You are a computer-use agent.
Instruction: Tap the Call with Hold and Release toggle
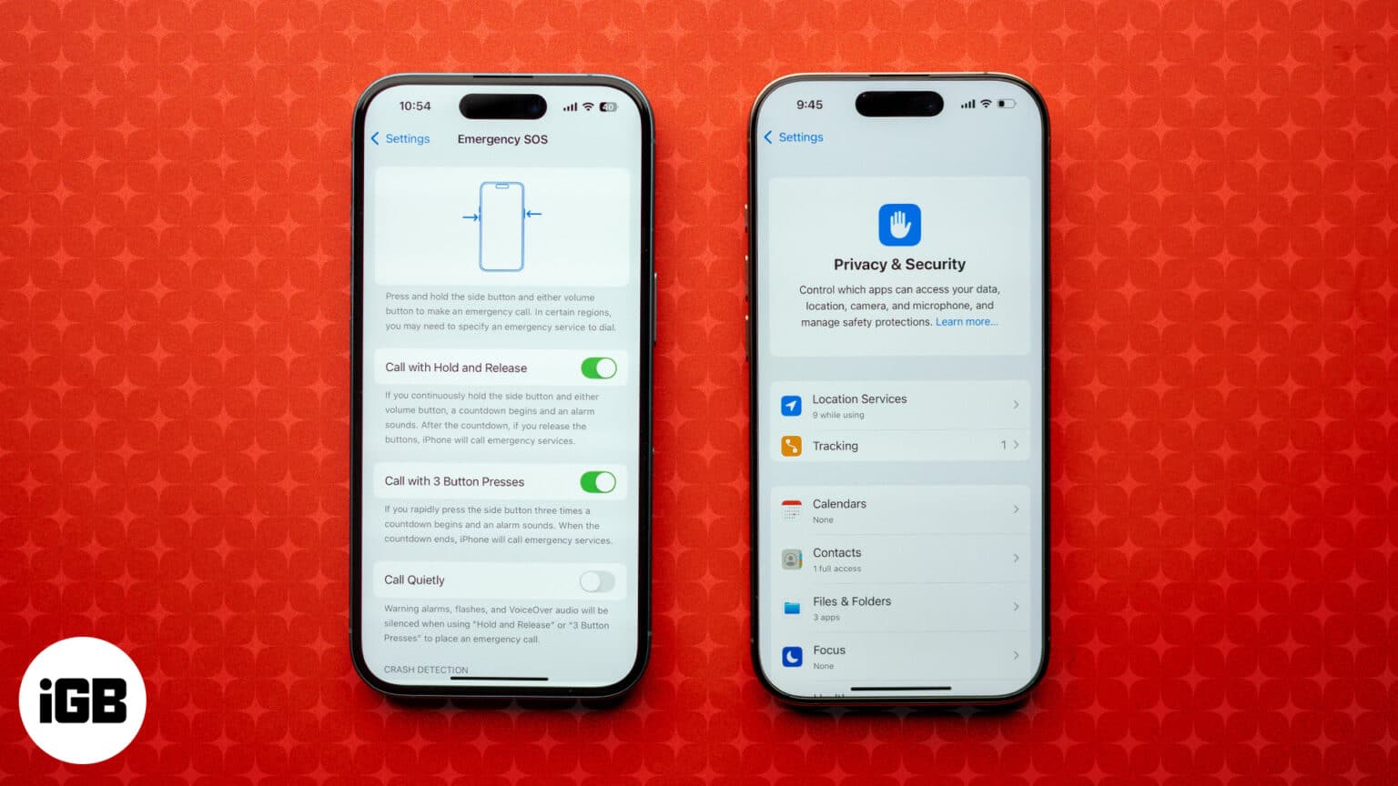tap(599, 368)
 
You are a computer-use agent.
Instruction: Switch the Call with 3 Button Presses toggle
tap(598, 481)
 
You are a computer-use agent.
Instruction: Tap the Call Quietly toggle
tap(597, 580)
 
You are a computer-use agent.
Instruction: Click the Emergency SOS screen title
tap(502, 139)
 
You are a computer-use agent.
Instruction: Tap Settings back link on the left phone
tap(400, 138)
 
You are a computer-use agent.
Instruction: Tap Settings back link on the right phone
tap(794, 137)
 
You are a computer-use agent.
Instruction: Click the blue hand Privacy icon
tap(899, 225)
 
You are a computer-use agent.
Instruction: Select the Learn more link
tap(967, 322)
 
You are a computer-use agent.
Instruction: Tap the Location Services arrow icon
tap(792, 406)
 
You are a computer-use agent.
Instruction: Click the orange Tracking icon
tap(792, 446)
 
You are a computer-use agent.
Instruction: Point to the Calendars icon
tap(792, 510)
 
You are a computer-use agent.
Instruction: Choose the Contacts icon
tap(792, 559)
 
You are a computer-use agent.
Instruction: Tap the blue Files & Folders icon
tap(792, 608)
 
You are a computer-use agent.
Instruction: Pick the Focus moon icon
tap(792, 656)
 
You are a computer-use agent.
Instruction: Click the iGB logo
tap(83, 700)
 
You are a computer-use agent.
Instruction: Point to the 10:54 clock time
tap(415, 106)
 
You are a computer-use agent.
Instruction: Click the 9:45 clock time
tap(809, 105)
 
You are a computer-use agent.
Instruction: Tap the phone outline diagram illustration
tap(501, 227)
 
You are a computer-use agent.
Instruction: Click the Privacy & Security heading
tap(899, 265)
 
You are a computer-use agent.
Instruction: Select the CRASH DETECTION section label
tap(426, 670)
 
